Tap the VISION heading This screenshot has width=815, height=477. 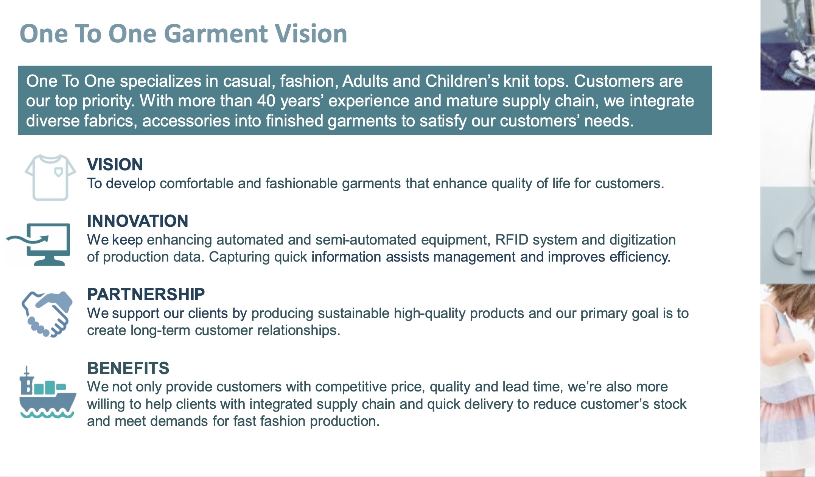115,164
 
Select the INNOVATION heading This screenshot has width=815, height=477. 138,221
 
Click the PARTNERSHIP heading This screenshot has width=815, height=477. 146,294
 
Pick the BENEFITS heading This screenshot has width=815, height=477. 128,368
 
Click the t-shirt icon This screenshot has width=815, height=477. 50,177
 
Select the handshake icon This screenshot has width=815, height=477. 47,314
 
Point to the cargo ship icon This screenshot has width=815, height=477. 48,392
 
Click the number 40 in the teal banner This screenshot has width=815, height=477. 266,101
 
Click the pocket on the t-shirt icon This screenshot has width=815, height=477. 58,172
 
